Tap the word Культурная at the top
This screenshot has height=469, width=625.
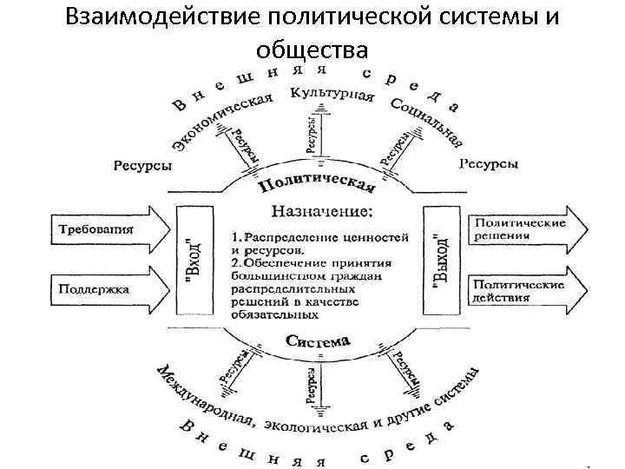pos(333,93)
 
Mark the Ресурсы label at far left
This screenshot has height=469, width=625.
pos(142,165)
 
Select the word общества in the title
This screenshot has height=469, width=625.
pos(312,50)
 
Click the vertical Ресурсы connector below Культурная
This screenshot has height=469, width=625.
pos(312,135)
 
